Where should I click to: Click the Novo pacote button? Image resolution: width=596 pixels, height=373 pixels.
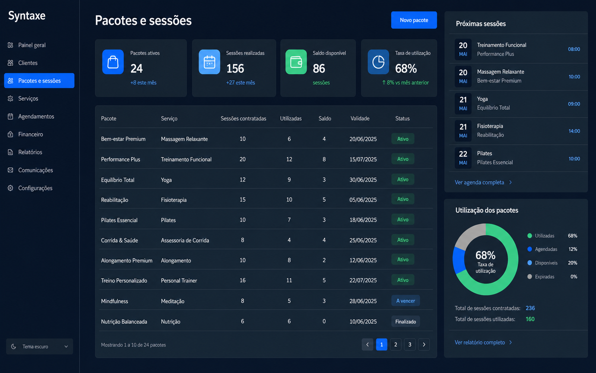(x=414, y=20)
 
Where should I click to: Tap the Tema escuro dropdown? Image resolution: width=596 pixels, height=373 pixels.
(x=39, y=347)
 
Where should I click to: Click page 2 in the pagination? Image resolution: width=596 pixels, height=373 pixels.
(x=396, y=345)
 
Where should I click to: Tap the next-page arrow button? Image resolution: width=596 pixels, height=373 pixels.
(x=424, y=345)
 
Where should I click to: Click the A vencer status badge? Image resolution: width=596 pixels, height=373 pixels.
(x=406, y=301)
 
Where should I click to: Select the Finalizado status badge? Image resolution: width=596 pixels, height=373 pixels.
(x=406, y=321)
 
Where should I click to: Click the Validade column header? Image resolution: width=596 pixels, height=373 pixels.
(x=360, y=119)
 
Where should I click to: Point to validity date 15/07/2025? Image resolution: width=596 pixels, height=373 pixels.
(x=363, y=159)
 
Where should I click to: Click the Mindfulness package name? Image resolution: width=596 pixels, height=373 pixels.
(x=114, y=301)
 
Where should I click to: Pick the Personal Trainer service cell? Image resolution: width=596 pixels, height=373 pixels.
(x=179, y=280)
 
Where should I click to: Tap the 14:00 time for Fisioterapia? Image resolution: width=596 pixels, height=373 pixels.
(x=574, y=131)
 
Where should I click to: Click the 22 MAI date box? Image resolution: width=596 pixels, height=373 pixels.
(x=463, y=158)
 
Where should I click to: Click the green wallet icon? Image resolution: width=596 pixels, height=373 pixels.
(x=296, y=62)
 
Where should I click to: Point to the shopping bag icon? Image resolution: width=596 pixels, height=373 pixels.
(x=113, y=62)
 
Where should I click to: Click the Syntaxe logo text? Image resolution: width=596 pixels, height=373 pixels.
(x=26, y=16)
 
